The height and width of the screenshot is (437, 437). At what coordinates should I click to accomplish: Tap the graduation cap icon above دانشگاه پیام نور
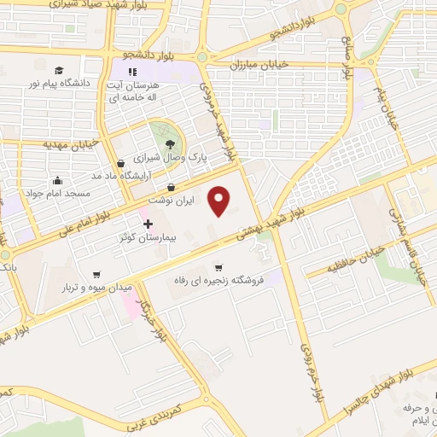point(59,71)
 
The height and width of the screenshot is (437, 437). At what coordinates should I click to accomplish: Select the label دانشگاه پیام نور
point(60,84)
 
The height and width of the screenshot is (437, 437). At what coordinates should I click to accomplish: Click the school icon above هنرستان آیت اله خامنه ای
point(132,72)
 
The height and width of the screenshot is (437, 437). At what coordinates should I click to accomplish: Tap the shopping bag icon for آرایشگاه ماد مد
point(120,163)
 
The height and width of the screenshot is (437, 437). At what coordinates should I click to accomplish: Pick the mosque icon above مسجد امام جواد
point(57,181)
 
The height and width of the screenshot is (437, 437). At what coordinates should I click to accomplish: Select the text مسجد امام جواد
point(58,194)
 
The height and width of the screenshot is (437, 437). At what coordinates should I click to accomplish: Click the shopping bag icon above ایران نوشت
point(172,187)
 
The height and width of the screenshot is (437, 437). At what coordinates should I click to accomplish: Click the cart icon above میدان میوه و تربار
point(96,275)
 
